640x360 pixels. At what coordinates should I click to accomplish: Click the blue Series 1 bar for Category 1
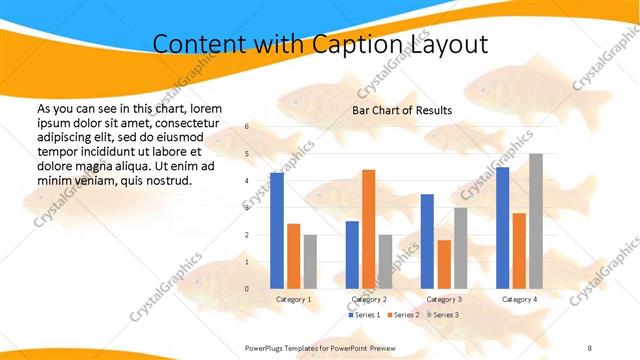pyautogui.click(x=277, y=230)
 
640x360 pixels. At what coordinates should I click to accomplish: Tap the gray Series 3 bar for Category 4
pyautogui.click(x=536, y=221)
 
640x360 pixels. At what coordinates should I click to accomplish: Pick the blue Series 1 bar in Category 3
pyautogui.click(x=427, y=241)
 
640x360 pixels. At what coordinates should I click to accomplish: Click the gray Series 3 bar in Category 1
pyautogui.click(x=310, y=261)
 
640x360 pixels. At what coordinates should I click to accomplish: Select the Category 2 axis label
pyautogui.click(x=368, y=299)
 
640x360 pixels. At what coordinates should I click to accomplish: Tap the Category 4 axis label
pyautogui.click(x=519, y=299)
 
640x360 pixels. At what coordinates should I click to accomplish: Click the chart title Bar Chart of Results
pyautogui.click(x=401, y=110)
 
